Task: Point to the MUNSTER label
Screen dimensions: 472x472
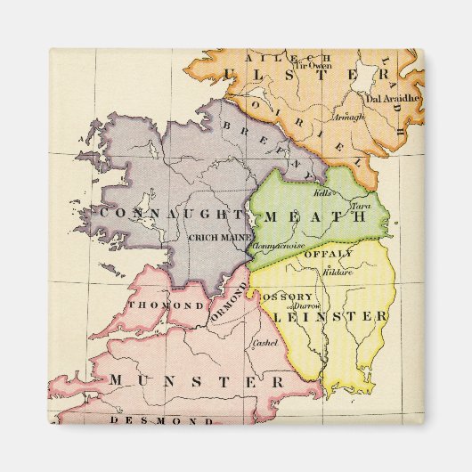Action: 198,380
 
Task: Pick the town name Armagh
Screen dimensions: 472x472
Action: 348,116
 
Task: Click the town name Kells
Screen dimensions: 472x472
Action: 321,193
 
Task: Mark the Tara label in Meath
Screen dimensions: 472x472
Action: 360,207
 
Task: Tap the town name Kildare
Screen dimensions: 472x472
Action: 338,271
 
